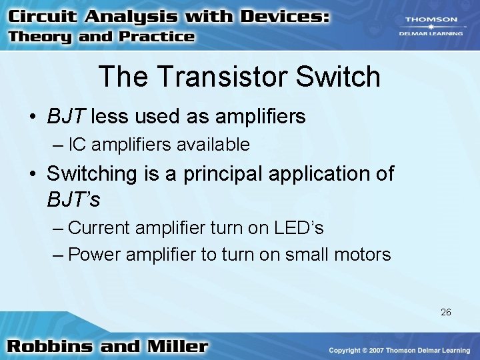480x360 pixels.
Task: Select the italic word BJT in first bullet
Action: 66,117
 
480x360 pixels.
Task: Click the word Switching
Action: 91,174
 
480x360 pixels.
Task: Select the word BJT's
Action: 73,199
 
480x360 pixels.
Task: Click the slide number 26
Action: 445,311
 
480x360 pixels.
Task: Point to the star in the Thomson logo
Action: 431,27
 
